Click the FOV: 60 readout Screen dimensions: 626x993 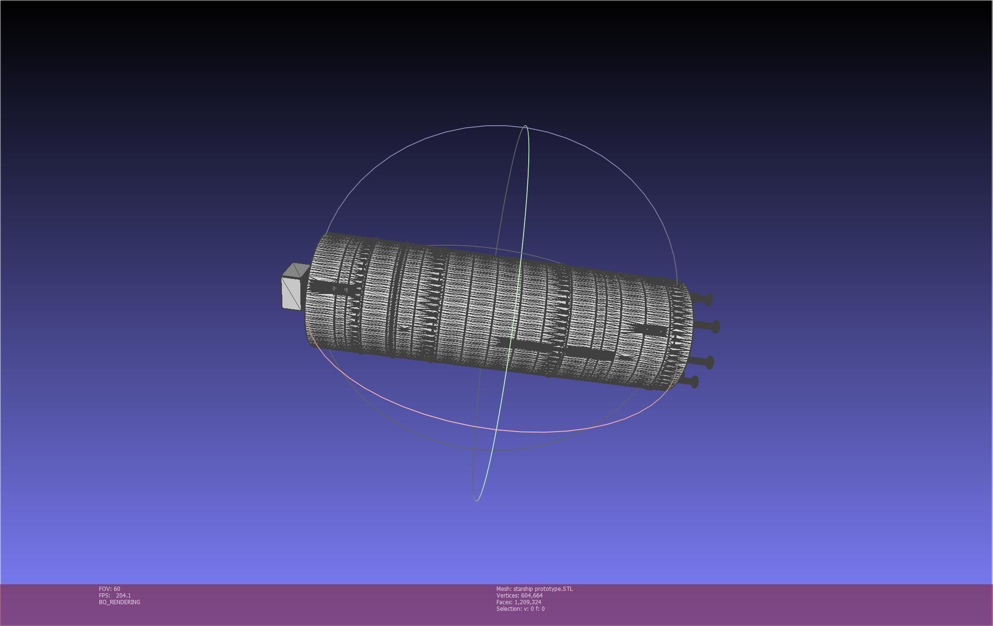click(x=109, y=589)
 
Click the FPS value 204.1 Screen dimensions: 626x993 click(x=123, y=595)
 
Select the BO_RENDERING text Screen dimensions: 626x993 click(x=119, y=602)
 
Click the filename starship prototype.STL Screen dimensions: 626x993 click(x=543, y=589)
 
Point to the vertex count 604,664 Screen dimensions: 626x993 click(x=532, y=595)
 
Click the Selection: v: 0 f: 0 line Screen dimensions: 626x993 click(x=520, y=608)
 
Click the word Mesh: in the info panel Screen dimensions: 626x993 click(x=504, y=589)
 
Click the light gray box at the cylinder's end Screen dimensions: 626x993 click(x=291, y=293)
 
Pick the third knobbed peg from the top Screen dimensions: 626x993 click(x=708, y=363)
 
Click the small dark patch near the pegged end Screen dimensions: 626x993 click(x=649, y=329)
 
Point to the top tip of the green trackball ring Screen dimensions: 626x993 click(x=525, y=126)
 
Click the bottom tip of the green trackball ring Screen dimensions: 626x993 click(x=476, y=500)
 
